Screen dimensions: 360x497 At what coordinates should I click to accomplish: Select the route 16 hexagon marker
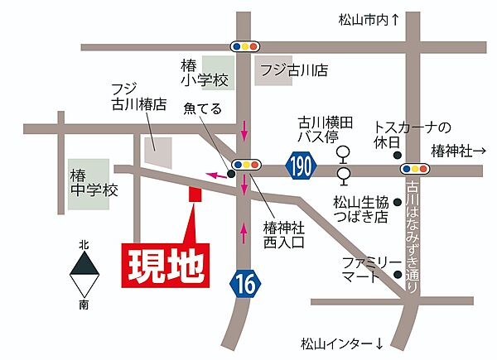[246, 284]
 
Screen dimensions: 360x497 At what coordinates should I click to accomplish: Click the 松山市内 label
[369, 18]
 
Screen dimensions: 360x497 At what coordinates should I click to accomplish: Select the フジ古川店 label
[292, 70]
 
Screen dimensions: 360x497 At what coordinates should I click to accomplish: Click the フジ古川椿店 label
[138, 98]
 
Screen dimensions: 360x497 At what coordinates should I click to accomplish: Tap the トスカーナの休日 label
[412, 135]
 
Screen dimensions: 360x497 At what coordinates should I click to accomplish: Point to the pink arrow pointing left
[216, 175]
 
